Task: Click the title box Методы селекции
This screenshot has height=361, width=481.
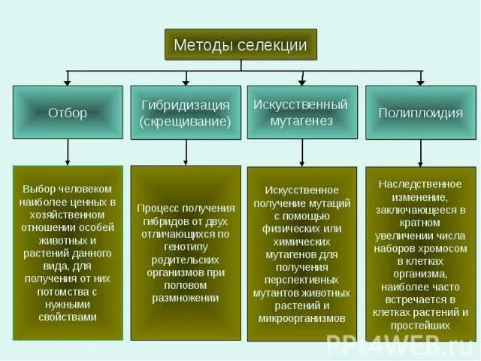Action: [x=240, y=44]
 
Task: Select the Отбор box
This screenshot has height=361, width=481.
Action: [x=68, y=113]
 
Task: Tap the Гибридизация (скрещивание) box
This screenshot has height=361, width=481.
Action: [x=186, y=113]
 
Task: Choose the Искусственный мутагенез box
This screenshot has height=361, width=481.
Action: [x=302, y=113]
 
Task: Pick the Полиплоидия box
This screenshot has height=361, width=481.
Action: [x=420, y=113]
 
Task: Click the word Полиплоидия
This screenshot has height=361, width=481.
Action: [x=420, y=113]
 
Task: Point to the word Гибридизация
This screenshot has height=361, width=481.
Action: [x=186, y=105]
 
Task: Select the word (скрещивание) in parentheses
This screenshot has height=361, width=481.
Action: [x=186, y=121]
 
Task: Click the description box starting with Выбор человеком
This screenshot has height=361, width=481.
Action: [x=68, y=253]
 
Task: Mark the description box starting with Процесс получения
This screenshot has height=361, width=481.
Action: [x=186, y=253]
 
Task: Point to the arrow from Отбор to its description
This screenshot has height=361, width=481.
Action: [x=68, y=153]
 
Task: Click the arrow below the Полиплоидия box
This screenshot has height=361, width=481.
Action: [x=420, y=153]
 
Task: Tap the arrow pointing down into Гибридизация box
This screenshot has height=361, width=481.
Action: [x=186, y=78]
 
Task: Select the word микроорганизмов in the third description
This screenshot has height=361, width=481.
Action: [x=302, y=318]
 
